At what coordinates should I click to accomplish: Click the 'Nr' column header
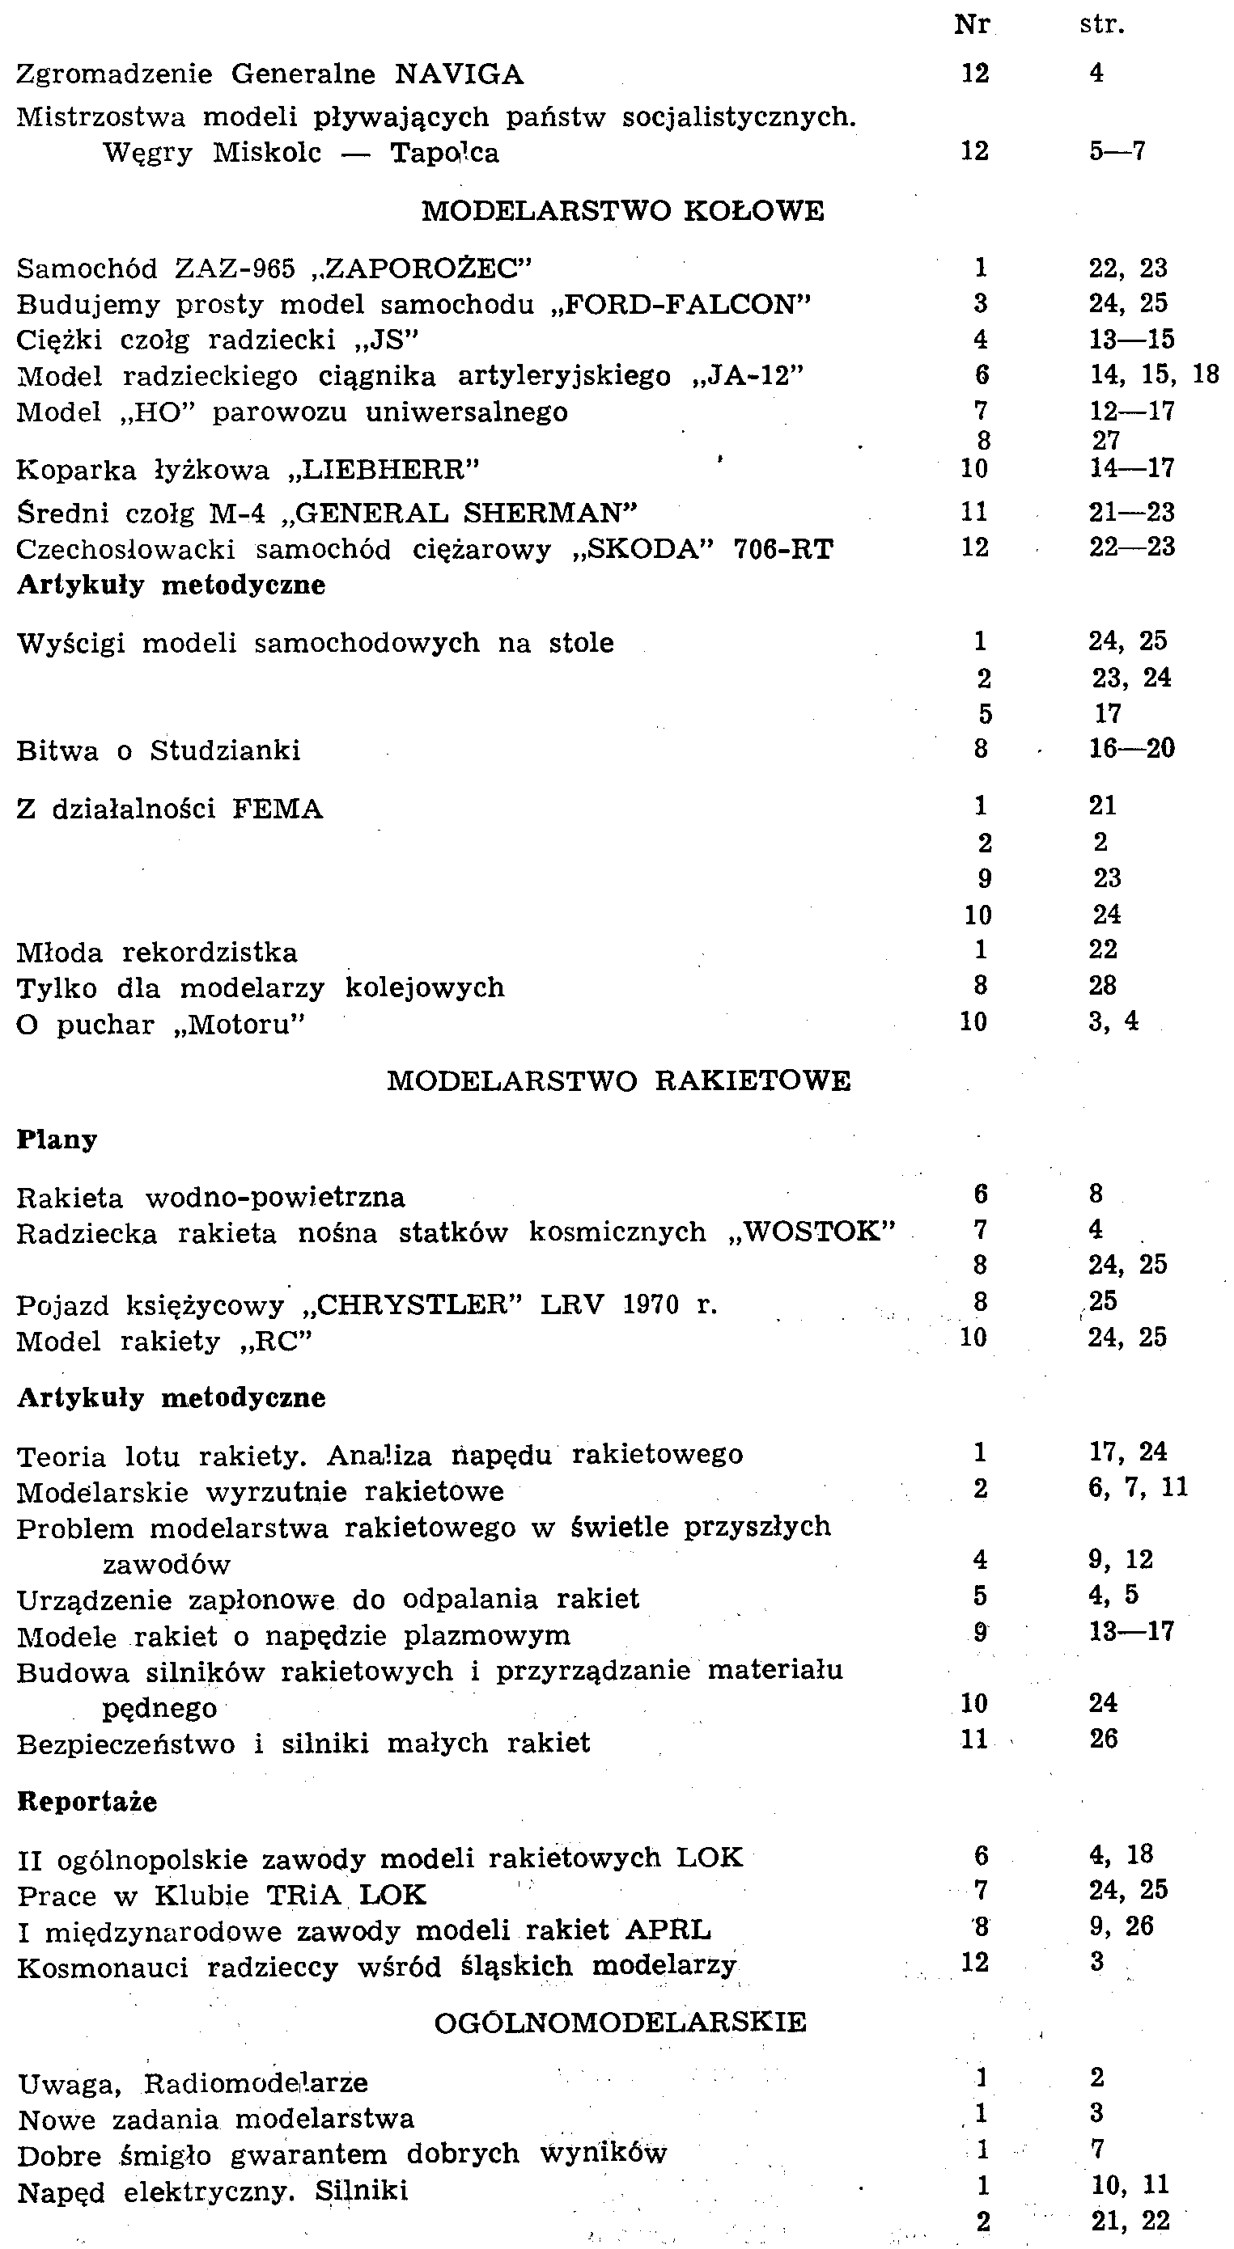pos(972,24)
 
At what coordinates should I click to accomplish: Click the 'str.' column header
pos(1101,24)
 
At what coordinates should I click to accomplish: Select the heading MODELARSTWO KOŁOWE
pos(623,211)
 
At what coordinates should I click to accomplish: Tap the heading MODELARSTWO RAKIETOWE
pos(618,1081)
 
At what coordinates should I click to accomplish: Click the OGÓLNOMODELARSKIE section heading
pos(620,2022)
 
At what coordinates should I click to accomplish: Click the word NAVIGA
pos(459,75)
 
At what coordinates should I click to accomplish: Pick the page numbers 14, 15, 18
pos(1153,374)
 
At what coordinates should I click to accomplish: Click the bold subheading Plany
pos(57,1139)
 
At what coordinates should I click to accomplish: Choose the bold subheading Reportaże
pos(87,1802)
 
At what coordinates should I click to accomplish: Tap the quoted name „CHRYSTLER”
pos(411,1305)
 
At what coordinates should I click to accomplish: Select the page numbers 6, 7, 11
pos(1138,1488)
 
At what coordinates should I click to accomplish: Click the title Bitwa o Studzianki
pos(158,750)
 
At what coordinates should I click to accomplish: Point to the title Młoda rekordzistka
pos(157,952)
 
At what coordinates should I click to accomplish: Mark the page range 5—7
pos(1116,152)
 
